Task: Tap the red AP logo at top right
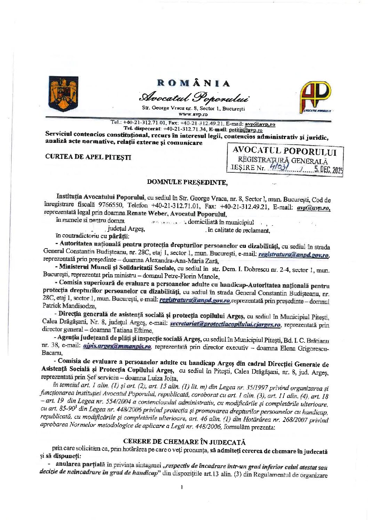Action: click(315, 96)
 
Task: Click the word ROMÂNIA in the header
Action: click(194, 83)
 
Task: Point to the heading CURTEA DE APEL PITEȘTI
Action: click(88, 157)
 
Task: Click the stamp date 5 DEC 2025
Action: click(329, 170)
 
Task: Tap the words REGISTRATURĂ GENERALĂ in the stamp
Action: click(283, 161)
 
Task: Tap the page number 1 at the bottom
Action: click(182, 487)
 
